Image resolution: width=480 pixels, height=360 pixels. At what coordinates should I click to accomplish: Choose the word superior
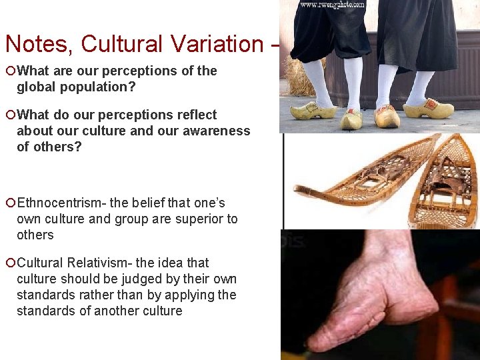coord(195,219)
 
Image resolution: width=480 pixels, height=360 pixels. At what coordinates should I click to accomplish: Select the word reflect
coord(195,115)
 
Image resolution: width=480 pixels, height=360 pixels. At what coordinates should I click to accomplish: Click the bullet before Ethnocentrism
coord(10,203)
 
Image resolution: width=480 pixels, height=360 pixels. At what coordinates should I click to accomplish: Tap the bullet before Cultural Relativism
coord(10,263)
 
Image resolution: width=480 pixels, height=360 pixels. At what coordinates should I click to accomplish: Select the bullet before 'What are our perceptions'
coord(10,71)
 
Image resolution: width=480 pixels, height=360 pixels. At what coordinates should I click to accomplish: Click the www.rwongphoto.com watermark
coord(331,5)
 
